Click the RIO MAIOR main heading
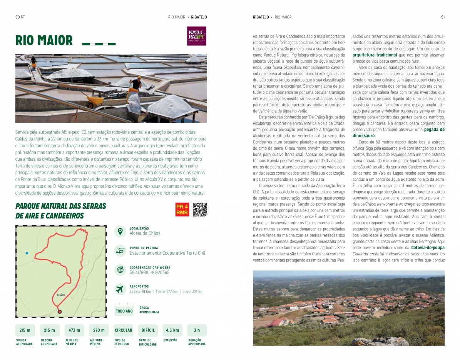(44, 40)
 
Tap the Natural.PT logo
(197, 36)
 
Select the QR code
(200, 209)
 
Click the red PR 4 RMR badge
(182, 210)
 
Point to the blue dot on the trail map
(27, 253)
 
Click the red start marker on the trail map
(60, 312)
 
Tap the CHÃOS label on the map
(61, 295)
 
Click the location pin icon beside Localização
(120, 231)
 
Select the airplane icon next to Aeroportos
(120, 289)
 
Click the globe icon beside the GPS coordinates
(120, 270)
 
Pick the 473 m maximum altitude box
(74, 330)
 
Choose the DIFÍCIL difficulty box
(148, 330)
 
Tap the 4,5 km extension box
(172, 330)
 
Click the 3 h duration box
(197, 330)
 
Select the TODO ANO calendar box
(124, 310)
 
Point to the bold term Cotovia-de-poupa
(428, 247)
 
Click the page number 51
(443, 17)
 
